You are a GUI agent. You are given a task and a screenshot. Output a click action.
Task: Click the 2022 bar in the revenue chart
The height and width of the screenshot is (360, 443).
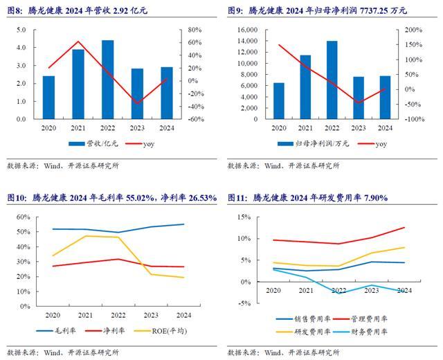(107, 80)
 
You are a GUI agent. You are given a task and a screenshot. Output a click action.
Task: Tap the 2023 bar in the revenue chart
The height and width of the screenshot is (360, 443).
(137, 93)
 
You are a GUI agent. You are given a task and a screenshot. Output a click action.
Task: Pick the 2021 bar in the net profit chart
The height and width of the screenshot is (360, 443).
(305, 87)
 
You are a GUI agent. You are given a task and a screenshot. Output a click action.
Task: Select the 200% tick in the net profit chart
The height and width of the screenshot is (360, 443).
(413, 30)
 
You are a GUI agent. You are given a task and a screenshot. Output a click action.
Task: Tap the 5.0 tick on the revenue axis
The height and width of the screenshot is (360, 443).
(31, 30)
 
